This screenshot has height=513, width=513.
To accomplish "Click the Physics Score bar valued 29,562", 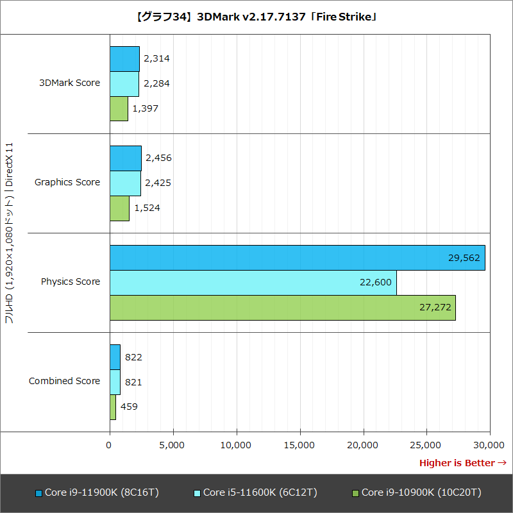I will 297,258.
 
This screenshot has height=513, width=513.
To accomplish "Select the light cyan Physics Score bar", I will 253,283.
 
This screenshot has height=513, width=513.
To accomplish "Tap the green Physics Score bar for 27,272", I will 282,308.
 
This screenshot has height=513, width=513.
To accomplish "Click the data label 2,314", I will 156,58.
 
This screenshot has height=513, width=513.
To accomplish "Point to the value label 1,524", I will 147,208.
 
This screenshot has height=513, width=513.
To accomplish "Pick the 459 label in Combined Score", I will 129,407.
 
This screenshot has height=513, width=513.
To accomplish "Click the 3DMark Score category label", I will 69,83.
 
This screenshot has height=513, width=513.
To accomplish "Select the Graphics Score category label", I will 67,182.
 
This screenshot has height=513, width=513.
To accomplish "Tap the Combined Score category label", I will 64,381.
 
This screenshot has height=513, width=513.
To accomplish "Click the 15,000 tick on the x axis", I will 300,444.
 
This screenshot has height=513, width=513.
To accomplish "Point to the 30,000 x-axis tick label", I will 490,444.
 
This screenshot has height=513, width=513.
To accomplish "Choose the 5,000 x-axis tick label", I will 173,444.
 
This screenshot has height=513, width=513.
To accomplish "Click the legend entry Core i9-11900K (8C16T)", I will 101,492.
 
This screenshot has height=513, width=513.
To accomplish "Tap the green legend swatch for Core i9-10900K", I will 355,493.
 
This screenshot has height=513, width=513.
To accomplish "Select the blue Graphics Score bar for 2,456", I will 125,158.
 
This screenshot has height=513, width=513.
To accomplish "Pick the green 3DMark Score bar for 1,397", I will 119,108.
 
